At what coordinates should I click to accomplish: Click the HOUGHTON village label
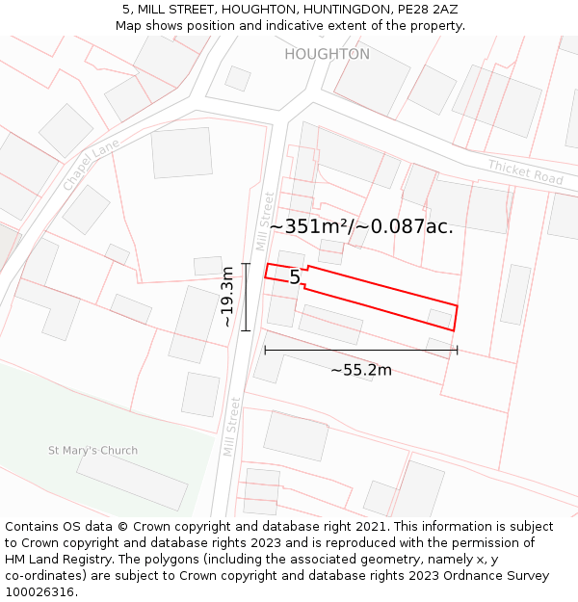(327, 54)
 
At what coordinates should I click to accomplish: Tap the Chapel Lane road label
(91, 164)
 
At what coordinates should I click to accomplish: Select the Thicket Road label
(524, 172)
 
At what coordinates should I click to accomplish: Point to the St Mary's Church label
(92, 450)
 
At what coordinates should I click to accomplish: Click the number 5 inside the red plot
(295, 277)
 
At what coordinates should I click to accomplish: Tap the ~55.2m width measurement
(360, 370)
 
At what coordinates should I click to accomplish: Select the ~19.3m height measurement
(227, 297)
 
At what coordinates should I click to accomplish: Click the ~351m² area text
(311, 227)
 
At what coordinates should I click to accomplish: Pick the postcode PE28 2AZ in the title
(426, 9)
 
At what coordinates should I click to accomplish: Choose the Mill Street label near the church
(230, 426)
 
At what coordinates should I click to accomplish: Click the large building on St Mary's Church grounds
(131, 481)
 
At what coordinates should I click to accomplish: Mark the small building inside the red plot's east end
(439, 318)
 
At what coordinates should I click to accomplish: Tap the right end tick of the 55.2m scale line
(457, 350)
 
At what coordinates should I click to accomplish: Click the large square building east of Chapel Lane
(181, 152)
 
